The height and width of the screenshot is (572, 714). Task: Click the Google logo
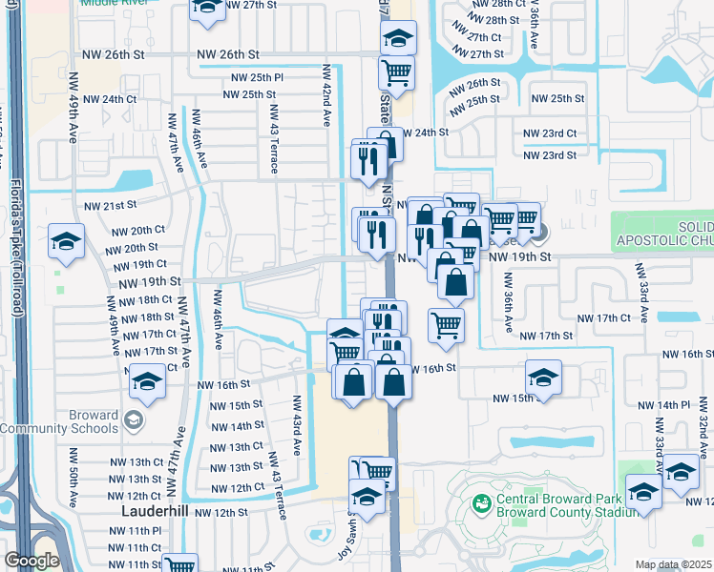31,561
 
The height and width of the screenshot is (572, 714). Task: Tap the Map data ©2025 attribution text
673,564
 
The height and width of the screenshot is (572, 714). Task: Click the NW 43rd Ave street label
297,424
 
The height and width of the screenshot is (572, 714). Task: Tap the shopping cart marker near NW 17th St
446,326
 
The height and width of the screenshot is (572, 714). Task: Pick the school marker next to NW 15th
542,378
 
